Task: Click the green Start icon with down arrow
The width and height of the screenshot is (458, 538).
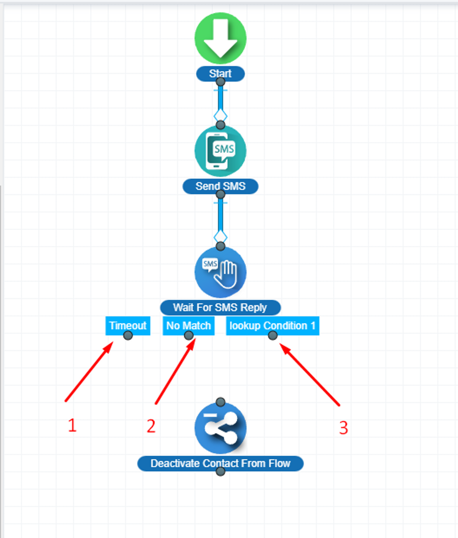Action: pyautogui.click(x=220, y=38)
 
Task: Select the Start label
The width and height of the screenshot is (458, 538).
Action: pyautogui.click(x=220, y=73)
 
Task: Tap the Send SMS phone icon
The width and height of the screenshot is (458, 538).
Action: pyautogui.click(x=220, y=151)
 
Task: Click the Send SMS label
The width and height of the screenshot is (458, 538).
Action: pyautogui.click(x=220, y=186)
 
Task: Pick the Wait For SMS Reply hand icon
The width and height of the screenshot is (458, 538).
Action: pyautogui.click(x=220, y=272)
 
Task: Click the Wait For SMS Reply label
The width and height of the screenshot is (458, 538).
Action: pyautogui.click(x=220, y=308)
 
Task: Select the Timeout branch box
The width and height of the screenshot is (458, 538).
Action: pyautogui.click(x=127, y=325)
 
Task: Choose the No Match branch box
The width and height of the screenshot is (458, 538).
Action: pyautogui.click(x=188, y=325)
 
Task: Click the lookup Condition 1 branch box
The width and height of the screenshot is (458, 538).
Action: pyautogui.click(x=272, y=325)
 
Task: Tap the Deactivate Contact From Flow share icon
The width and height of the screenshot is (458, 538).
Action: pyautogui.click(x=220, y=428)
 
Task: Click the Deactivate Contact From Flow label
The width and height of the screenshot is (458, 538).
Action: pyautogui.click(x=220, y=463)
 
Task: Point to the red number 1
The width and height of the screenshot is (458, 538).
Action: pyautogui.click(x=72, y=425)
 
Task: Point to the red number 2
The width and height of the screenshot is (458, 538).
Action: pyautogui.click(x=151, y=426)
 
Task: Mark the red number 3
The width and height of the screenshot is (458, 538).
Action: pyautogui.click(x=343, y=428)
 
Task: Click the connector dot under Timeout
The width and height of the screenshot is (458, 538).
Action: pyautogui.click(x=128, y=335)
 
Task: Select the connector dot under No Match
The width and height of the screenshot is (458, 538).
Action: pyautogui.click(x=189, y=335)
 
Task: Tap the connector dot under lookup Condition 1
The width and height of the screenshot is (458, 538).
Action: pyautogui.click(x=273, y=335)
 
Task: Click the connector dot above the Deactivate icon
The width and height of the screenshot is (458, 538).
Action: pyautogui.click(x=220, y=402)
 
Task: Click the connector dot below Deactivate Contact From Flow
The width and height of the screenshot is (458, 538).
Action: pyautogui.click(x=220, y=472)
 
